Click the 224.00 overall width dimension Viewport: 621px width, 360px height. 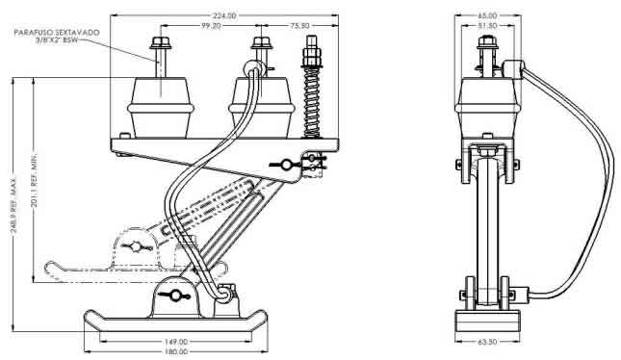click(x=224, y=15)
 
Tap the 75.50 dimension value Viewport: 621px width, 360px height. click(x=299, y=26)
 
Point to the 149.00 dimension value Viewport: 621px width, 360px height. click(x=176, y=342)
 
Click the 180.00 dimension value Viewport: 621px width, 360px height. click(x=176, y=351)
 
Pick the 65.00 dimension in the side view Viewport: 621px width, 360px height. click(x=487, y=15)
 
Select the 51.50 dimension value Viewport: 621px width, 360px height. click(x=487, y=26)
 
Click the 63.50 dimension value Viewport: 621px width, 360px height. click(x=487, y=342)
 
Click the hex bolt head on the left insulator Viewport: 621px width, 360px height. click(x=161, y=42)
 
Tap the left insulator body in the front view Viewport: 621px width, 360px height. click(x=161, y=108)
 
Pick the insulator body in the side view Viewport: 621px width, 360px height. click(x=488, y=108)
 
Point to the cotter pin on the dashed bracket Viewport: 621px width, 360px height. click(x=136, y=246)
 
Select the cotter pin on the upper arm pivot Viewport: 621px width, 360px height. click(x=285, y=164)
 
